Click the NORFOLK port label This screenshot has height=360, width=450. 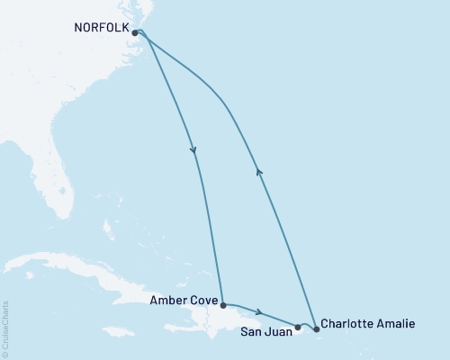[101, 27]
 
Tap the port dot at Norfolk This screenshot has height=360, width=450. [135, 32]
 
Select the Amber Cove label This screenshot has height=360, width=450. [184, 305]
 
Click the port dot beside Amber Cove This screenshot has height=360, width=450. [222, 305]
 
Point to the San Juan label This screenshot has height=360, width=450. [265, 329]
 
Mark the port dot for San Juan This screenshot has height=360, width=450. [298, 327]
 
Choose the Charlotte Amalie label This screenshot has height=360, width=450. [369, 322]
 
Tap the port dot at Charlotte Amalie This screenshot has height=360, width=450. [316, 328]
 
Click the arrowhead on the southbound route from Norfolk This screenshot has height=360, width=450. [193, 151]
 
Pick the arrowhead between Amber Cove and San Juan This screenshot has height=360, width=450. [259, 312]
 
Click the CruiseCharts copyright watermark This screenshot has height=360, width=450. [6, 329]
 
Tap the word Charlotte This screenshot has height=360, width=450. [349, 322]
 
